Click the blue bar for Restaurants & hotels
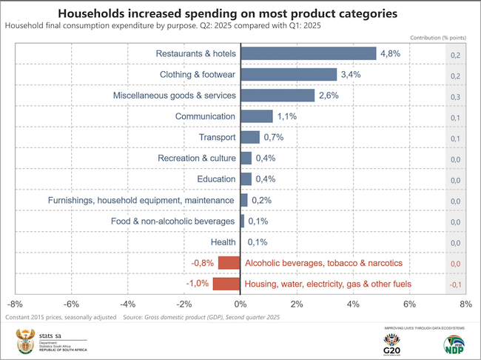click(308, 54)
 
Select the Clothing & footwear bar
click(288, 75)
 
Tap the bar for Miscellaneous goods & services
click(277, 96)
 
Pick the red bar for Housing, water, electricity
click(226, 284)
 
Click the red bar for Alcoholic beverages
click(229, 263)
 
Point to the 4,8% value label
click(391, 54)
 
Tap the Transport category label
click(218, 137)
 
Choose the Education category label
click(216, 179)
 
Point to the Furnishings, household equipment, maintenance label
click(141, 200)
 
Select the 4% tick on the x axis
click(353, 304)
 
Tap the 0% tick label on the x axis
click(240, 304)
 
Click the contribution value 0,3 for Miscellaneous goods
click(455, 96)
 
